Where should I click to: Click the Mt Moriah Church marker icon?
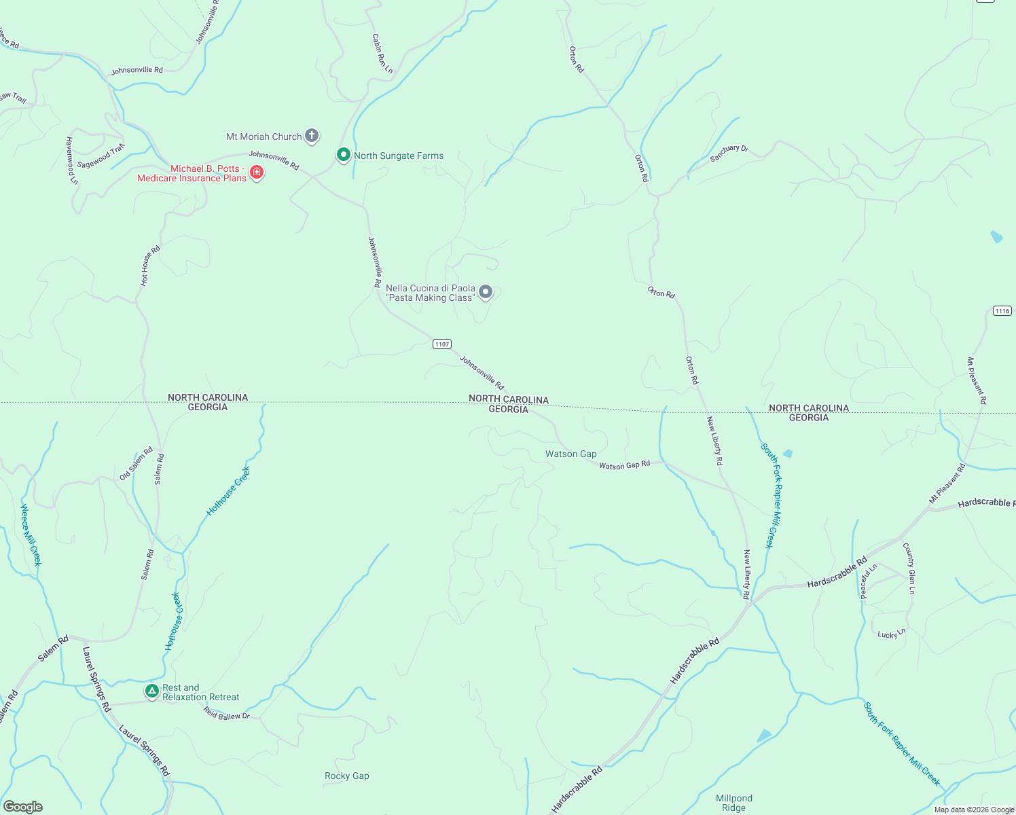312,136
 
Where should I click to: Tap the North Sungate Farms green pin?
344,155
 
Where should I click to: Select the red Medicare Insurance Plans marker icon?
257,173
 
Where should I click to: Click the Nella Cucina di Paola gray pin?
486,292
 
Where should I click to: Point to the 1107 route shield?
442,344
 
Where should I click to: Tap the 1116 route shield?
1002,310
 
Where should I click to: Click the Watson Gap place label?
570,454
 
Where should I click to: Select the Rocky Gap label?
346,776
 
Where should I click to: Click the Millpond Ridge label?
733,803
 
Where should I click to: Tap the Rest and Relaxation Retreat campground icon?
152,691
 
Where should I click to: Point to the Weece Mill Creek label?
31,535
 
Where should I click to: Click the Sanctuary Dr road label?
729,153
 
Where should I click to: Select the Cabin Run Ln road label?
382,54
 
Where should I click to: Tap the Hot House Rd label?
150,266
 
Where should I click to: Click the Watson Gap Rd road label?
624,465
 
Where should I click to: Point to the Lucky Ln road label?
891,634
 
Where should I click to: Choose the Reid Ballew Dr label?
227,713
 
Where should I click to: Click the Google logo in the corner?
23,807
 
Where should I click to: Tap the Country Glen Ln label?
909,568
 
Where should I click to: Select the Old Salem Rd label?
136,464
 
